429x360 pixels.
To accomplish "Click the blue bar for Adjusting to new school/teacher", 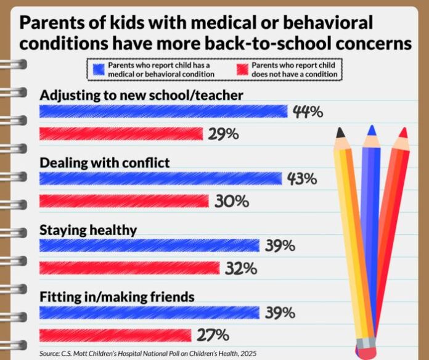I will [163, 112].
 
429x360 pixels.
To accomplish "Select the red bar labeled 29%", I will [121, 134].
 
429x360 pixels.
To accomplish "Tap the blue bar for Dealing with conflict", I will [161, 179].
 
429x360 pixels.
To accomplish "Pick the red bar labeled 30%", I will [124, 201].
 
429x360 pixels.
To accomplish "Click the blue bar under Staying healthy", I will [149, 245].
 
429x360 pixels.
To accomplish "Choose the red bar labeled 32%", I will [129, 268].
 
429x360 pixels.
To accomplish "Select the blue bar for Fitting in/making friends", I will [149, 313].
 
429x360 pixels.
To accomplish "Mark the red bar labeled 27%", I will [115, 335].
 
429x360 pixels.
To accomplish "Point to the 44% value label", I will [308, 112].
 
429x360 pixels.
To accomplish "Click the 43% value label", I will [302, 179].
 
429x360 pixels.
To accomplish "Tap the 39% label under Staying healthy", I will [280, 245].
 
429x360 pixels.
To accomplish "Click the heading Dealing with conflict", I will [105, 162].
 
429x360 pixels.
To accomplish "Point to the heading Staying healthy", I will [88, 229].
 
